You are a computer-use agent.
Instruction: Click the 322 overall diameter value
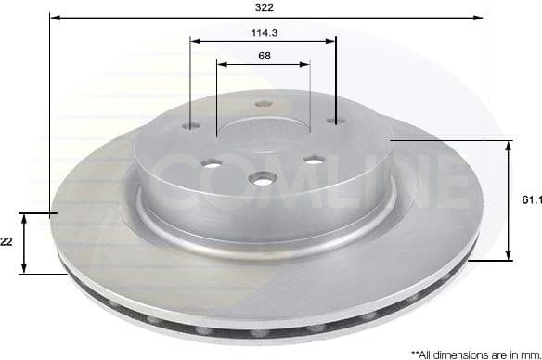(x=267, y=7)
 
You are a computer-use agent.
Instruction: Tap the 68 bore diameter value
(x=264, y=55)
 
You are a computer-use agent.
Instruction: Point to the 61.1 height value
(x=530, y=199)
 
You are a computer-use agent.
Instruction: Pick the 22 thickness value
(x=6, y=241)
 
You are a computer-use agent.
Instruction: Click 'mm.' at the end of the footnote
(x=527, y=354)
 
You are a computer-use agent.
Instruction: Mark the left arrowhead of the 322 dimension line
(x=54, y=17)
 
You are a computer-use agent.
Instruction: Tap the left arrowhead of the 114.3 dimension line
(x=194, y=40)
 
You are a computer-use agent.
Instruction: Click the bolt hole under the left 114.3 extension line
(x=191, y=126)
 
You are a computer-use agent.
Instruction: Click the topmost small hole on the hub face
(x=263, y=104)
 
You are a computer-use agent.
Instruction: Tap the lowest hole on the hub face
(x=265, y=178)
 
